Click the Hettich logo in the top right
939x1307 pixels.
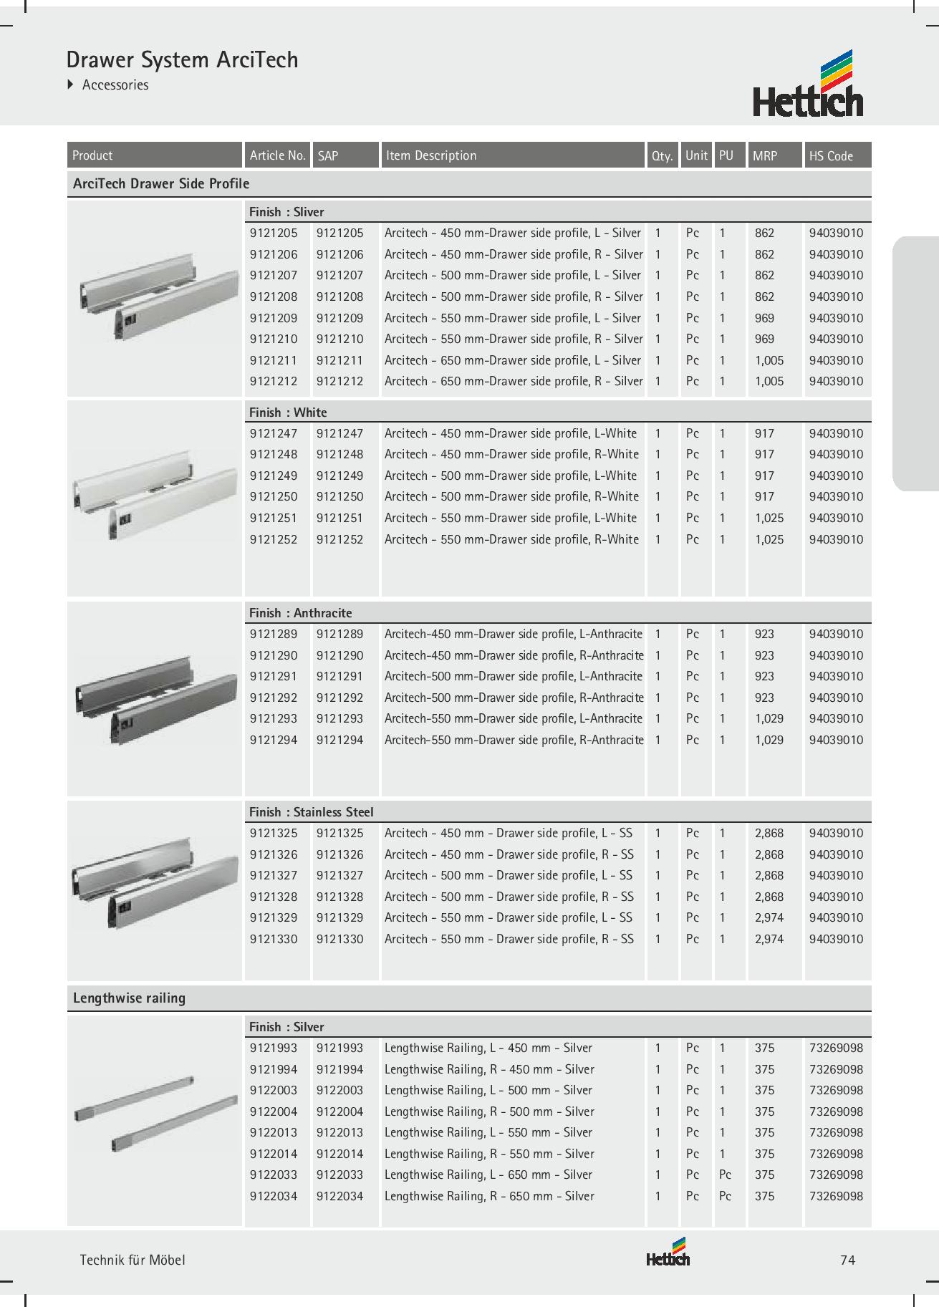tap(808, 84)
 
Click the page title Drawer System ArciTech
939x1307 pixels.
tap(182, 59)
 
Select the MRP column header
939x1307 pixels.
tap(765, 155)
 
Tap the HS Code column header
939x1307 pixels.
tap(831, 155)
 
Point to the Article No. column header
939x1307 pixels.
tap(277, 155)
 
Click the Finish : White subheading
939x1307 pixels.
tap(288, 413)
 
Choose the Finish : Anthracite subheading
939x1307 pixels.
tap(301, 613)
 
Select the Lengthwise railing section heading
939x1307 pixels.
tap(130, 998)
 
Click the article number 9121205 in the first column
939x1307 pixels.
tap(274, 233)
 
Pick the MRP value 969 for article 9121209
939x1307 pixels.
tap(764, 318)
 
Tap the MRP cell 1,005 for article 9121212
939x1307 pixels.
tap(769, 381)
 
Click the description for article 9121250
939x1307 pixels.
tap(511, 496)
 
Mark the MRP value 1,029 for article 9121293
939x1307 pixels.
tap(769, 718)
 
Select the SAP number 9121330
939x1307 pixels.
tap(340, 939)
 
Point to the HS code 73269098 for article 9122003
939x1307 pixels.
tap(836, 1090)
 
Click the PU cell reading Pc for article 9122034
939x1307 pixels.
tap(725, 1196)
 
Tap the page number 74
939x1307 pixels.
tap(847, 1260)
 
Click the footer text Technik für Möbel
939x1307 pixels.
tap(133, 1260)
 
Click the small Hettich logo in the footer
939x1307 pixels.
tap(668, 1255)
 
